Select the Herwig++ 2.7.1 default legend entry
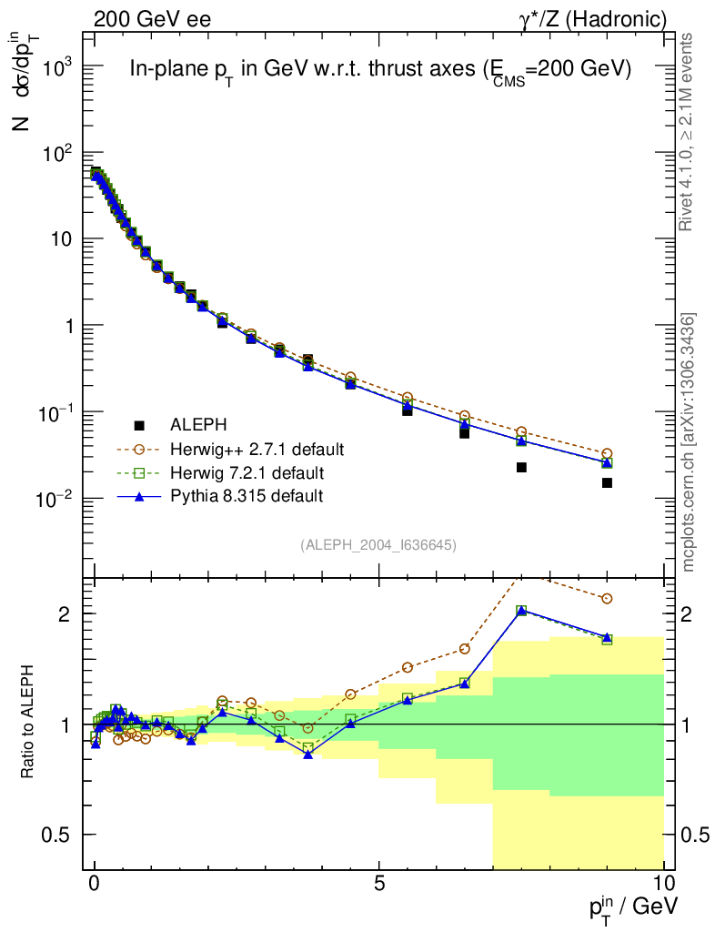click(257, 449)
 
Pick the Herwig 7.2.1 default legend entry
click(247, 472)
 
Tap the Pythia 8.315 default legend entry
click(246, 496)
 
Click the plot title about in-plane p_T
click(380, 71)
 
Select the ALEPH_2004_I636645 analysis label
click(378, 544)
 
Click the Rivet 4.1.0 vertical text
click(687, 133)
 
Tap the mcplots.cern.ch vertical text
click(689, 442)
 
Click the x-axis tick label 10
click(663, 884)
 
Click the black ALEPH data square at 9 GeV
click(607, 482)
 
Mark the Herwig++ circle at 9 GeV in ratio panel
click(607, 599)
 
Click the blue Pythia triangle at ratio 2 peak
click(521, 610)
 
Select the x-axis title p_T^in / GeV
click(633, 905)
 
